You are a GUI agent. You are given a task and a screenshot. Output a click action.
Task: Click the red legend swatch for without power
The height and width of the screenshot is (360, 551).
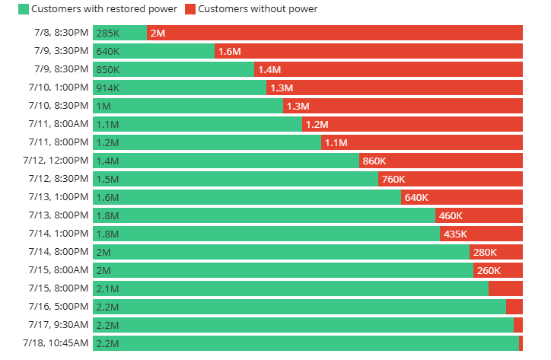point(190,9)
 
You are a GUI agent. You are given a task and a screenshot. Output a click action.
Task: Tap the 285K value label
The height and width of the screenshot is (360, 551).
point(108,33)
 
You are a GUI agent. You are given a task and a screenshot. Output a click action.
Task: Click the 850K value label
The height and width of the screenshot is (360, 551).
point(108,69)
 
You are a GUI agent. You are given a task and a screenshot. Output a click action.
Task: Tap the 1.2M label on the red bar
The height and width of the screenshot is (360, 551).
point(316,124)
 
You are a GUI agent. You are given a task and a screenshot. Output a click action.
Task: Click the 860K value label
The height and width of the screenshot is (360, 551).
point(374,161)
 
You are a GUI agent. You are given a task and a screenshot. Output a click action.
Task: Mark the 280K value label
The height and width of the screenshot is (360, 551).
point(485,252)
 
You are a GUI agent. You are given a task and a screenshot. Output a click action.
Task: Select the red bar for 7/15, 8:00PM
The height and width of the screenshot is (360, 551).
point(505,288)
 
